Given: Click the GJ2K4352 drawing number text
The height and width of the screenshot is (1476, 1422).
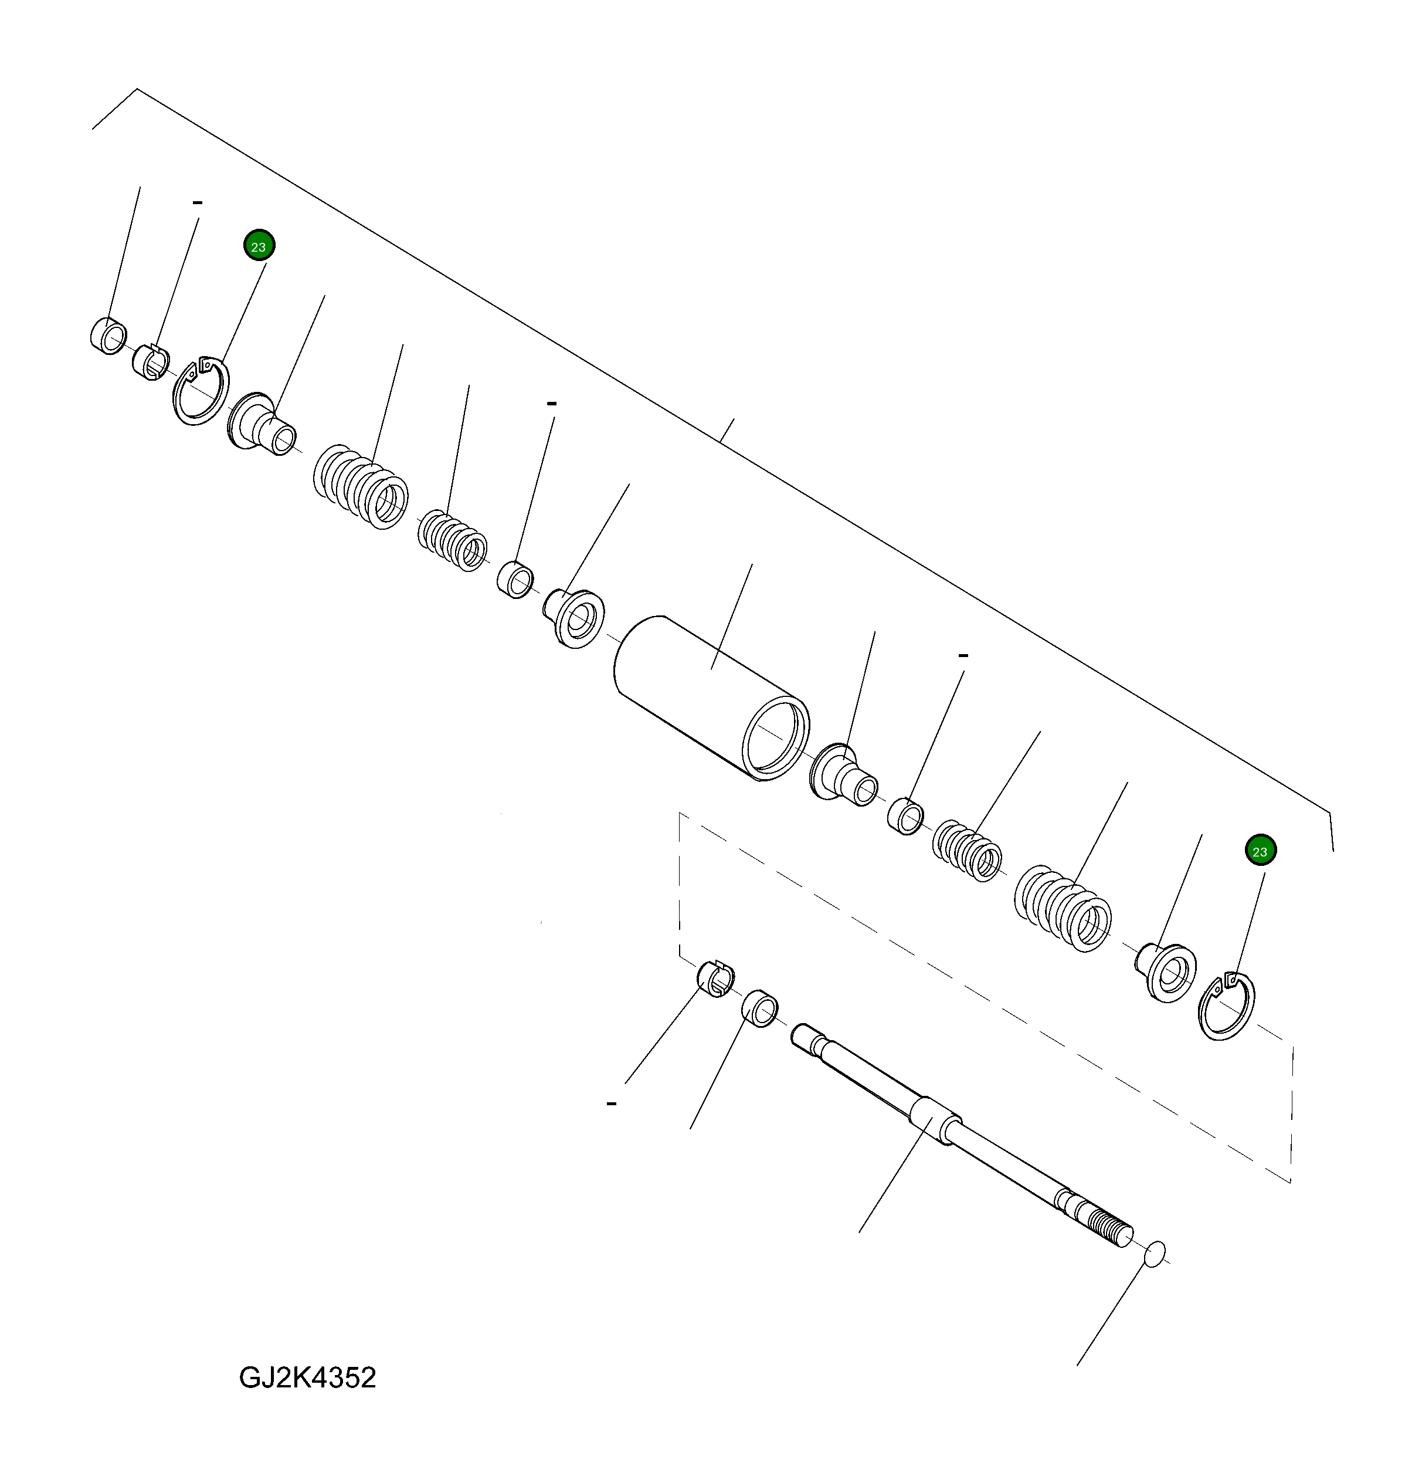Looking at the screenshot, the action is coord(307,1377).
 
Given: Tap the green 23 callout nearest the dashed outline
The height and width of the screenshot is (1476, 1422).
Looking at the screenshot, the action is coord(1260,851).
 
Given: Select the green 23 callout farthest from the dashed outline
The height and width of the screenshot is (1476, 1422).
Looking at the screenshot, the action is coord(259,246).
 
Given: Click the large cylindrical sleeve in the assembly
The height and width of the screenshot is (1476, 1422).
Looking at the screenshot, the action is coord(711,698).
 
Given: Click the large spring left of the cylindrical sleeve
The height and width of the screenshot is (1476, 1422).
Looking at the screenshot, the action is coord(361,486).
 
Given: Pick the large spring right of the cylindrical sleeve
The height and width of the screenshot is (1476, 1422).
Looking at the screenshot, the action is coord(1063,908).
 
